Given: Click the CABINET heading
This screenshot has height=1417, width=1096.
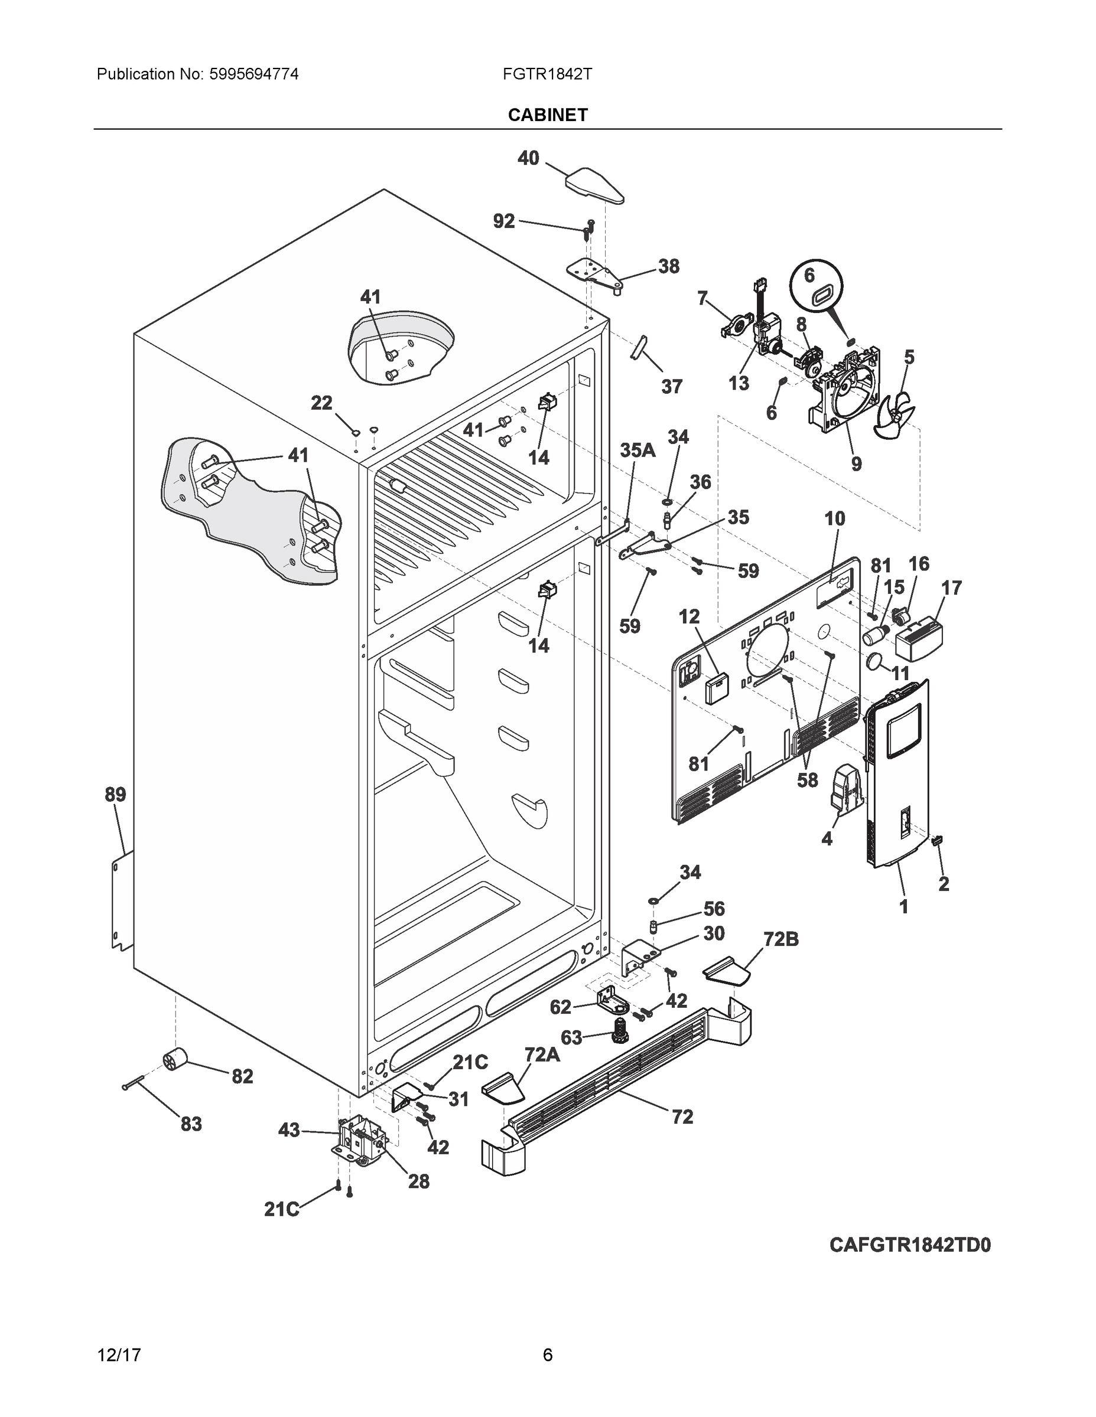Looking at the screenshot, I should coord(547,115).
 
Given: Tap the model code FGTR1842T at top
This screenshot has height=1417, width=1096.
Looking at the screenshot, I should coord(547,74).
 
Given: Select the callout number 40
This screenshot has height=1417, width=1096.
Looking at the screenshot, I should coord(528,158).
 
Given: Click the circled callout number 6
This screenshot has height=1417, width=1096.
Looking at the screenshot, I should coord(809,276).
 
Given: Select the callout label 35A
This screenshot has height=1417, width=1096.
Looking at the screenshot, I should coord(637,450).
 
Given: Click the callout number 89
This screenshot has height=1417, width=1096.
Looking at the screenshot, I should coord(116,794).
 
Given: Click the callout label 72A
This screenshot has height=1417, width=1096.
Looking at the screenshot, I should coord(542,1054).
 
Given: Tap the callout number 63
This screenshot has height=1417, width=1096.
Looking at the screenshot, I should coord(571,1037).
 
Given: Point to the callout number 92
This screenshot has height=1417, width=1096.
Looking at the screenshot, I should coord(504,221).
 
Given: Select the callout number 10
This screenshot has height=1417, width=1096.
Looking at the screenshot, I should coord(835,518).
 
